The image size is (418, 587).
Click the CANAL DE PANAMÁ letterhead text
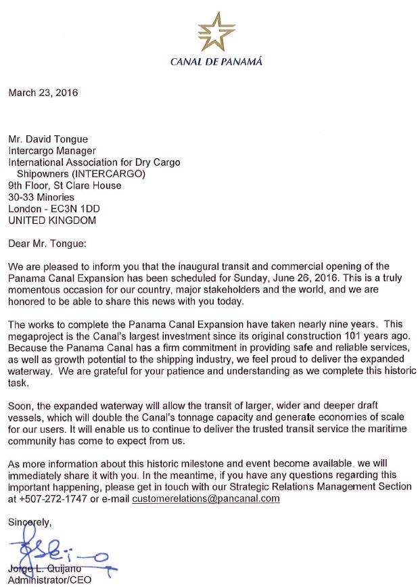pos(216,62)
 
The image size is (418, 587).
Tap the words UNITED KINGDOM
pos(52,220)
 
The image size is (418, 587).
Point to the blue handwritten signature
pos(54,553)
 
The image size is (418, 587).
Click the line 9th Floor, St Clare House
pos(65,186)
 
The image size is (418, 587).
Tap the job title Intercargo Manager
pos(52,151)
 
